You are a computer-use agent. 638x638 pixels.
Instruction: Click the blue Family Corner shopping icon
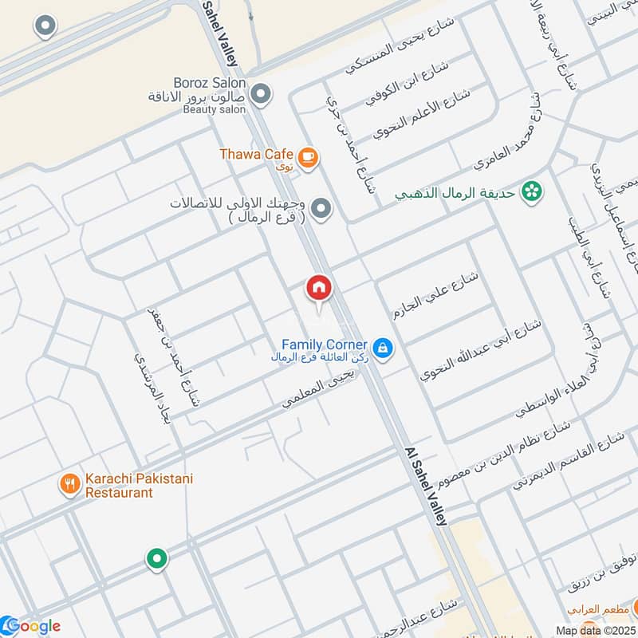(383, 349)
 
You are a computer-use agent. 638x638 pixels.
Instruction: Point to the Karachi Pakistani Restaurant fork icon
(70, 485)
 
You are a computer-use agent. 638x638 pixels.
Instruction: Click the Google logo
(31, 626)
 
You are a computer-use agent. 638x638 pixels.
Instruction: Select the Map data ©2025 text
(597, 630)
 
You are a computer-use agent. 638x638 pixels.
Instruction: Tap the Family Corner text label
(324, 345)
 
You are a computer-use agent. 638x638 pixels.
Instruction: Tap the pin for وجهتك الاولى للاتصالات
(321, 209)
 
